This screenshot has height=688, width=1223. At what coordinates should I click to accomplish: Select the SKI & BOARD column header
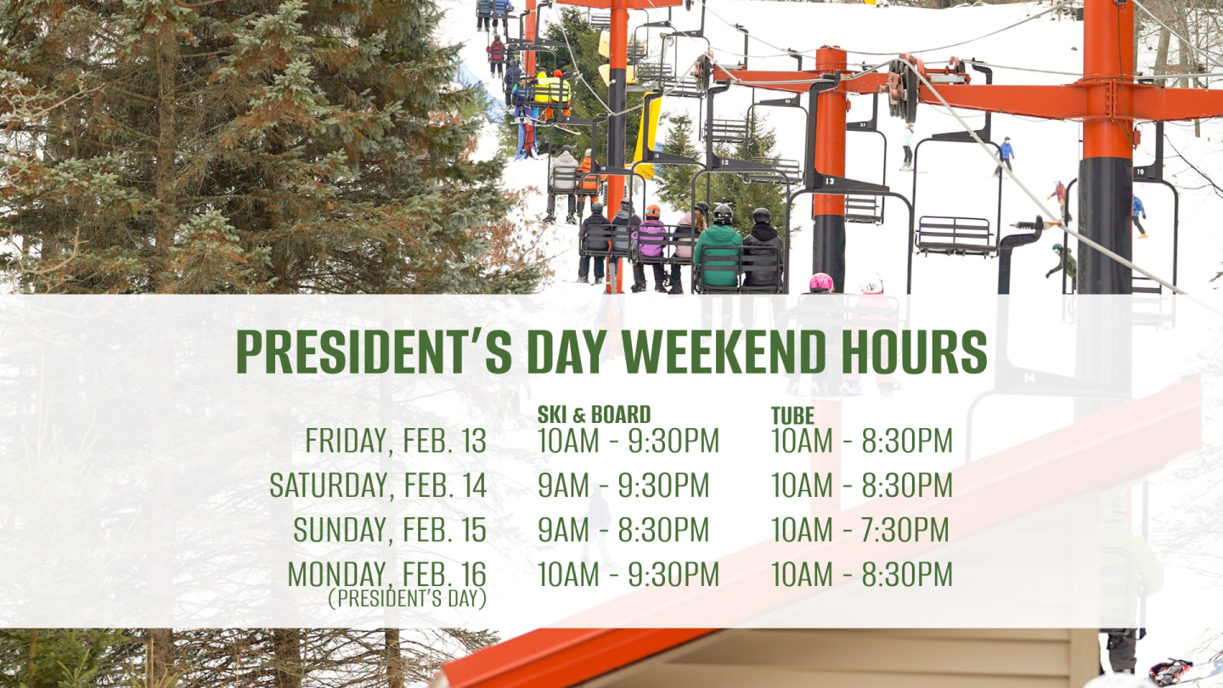pos(594,414)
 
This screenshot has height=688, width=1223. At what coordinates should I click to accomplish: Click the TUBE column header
pos(792,415)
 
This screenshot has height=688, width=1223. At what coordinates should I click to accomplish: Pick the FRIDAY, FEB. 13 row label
pos(396,441)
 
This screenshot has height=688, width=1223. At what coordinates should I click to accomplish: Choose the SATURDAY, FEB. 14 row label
pos(378,485)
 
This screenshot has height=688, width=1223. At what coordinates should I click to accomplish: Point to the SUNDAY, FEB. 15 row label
pos(390,529)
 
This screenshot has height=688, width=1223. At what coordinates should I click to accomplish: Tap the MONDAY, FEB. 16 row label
pos(386,574)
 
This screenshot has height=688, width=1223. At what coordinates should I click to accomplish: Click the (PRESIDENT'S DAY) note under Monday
pos(407,599)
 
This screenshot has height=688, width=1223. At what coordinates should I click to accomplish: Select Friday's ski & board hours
pos(628,441)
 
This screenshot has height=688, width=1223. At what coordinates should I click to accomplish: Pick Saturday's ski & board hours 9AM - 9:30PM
pos(623,485)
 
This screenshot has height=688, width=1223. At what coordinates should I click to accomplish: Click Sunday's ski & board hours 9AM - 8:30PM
pos(623,529)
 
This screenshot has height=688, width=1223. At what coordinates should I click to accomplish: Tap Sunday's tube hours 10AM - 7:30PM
pos(859,529)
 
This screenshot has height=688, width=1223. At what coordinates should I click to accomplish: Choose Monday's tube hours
pos(861,574)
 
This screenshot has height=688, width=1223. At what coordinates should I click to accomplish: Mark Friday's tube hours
pos(861,441)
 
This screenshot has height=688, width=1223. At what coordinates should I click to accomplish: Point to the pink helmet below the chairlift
pos(821,283)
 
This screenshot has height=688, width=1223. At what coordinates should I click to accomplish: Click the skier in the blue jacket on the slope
pos(1006,153)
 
